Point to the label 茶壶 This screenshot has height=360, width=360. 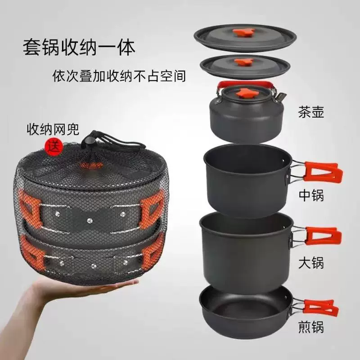(x=310, y=111)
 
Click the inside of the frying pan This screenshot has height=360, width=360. (x=243, y=306)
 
